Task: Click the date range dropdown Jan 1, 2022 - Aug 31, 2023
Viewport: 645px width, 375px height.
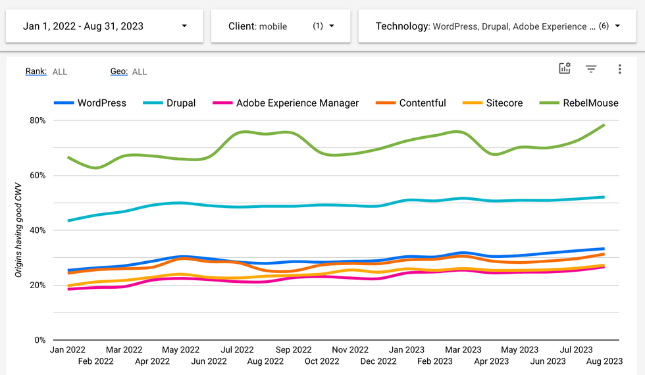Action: coord(105,26)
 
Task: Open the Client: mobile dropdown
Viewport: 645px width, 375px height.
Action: coord(280,26)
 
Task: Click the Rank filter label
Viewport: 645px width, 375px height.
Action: coord(36,71)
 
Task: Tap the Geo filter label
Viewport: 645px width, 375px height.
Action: coord(119,71)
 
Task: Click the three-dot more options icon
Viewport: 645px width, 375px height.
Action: coord(619,69)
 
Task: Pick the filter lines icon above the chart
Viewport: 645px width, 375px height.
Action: coord(591,69)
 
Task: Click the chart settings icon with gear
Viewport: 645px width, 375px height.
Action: coord(565,69)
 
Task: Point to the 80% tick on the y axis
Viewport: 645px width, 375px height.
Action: coord(36,120)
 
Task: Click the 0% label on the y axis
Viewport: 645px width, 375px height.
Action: coord(39,340)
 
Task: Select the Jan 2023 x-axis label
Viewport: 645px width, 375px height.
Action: coord(406,350)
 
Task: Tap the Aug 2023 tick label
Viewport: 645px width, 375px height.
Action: coord(604,361)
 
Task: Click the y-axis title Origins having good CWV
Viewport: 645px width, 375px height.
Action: coord(20,230)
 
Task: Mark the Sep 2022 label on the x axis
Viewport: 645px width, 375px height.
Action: coord(294,350)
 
